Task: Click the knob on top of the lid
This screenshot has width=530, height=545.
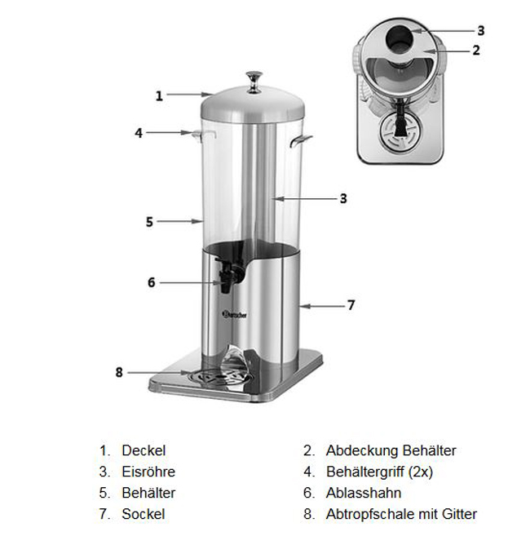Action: click(x=254, y=78)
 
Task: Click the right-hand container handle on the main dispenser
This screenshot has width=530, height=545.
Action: click(x=302, y=141)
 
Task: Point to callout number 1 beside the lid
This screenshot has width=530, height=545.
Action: click(x=160, y=95)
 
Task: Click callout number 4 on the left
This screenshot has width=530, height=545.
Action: click(x=139, y=132)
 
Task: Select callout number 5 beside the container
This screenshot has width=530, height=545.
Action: click(x=149, y=221)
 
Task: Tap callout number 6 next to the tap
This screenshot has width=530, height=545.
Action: click(x=151, y=282)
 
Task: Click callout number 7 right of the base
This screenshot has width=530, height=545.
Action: click(x=351, y=305)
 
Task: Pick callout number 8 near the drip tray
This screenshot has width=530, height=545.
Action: click(x=119, y=372)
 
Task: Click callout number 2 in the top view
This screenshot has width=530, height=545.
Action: click(x=476, y=49)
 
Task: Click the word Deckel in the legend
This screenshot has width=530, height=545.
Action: click(x=144, y=450)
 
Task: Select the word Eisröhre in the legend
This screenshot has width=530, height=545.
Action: click(x=148, y=472)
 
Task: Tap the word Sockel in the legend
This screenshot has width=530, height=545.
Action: click(x=144, y=514)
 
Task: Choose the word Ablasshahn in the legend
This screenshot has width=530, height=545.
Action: click(x=364, y=493)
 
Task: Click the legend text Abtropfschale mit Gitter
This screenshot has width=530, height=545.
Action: click(x=401, y=514)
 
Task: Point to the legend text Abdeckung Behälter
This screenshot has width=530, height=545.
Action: click(x=391, y=450)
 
